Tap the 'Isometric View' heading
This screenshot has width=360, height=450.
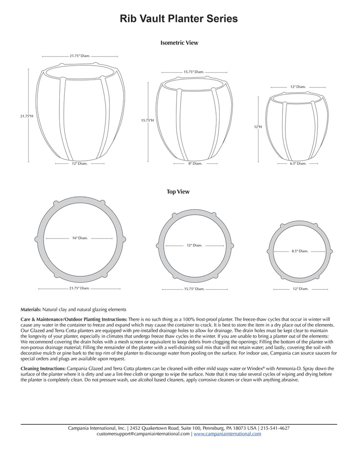179,43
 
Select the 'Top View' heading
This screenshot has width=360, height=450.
178,192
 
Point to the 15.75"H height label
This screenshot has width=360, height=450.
147,120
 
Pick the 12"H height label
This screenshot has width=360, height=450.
257,127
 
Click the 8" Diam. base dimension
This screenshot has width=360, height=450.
195,164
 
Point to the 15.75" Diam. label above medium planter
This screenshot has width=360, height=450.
194,72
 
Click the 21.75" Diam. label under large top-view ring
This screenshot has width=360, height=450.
79,288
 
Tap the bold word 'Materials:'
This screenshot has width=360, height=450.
31,310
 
